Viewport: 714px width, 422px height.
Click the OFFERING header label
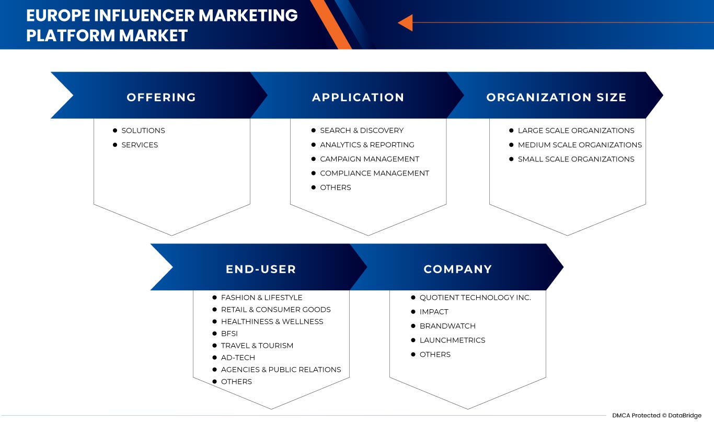pyautogui.click(x=162, y=97)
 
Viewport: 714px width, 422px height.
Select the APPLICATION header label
pyautogui.click(x=358, y=97)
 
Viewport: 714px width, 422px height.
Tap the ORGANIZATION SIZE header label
pyautogui.click(x=556, y=97)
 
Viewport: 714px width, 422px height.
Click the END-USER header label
pyautogui.click(x=261, y=269)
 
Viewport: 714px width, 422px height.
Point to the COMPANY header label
pyautogui.click(x=458, y=269)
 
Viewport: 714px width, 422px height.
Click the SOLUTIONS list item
pyautogui.click(x=143, y=131)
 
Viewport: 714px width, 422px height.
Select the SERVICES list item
pyautogui.click(x=140, y=145)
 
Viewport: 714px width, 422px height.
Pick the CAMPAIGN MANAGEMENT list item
pyautogui.click(x=370, y=159)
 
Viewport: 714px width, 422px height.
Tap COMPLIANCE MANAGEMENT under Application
pyautogui.click(x=374, y=173)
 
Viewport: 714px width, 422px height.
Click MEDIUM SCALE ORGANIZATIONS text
pyautogui.click(x=580, y=145)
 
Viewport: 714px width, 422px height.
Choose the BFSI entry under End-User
pyautogui.click(x=229, y=333)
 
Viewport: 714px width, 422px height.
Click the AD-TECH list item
pyautogui.click(x=238, y=357)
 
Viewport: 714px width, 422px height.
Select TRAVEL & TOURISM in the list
pyautogui.click(x=257, y=345)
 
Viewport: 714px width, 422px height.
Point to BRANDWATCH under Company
pyautogui.click(x=447, y=326)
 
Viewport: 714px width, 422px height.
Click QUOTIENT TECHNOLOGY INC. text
pyautogui.click(x=475, y=297)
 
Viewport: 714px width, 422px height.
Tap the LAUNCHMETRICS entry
pyautogui.click(x=452, y=340)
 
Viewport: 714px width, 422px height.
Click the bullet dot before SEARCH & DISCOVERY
pyautogui.click(x=314, y=130)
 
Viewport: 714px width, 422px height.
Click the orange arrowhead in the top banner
pyautogui.click(x=405, y=23)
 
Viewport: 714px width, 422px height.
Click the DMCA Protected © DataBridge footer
pyautogui.click(x=657, y=415)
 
